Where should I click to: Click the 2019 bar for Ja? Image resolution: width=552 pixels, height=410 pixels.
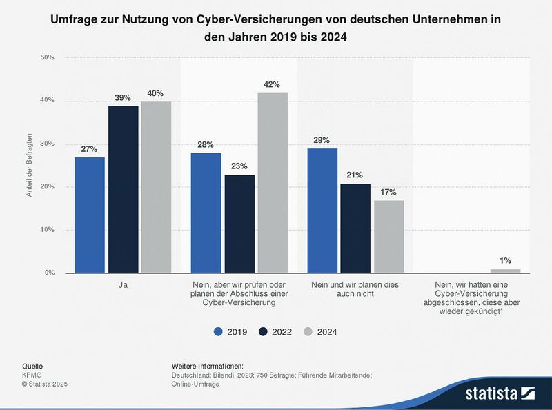tap(90, 215)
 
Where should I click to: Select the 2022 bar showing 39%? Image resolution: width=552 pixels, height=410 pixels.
tap(123, 190)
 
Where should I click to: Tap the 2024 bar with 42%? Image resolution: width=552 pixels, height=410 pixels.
tap(272, 183)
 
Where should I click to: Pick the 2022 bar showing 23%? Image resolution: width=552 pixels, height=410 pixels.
tap(239, 224)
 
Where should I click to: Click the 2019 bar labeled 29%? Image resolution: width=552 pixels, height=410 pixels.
tap(322, 211)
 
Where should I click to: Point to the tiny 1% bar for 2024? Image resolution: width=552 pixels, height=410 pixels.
tap(505, 271)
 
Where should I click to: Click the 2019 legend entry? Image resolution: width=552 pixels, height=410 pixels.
tap(228, 331)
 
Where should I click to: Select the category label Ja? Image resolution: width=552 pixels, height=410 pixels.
tap(123, 283)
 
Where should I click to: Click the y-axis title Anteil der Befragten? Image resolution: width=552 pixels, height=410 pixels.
tap(29, 166)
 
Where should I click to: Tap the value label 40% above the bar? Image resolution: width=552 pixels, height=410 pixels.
tap(156, 93)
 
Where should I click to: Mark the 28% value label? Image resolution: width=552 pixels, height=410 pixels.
tap(206, 144)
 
